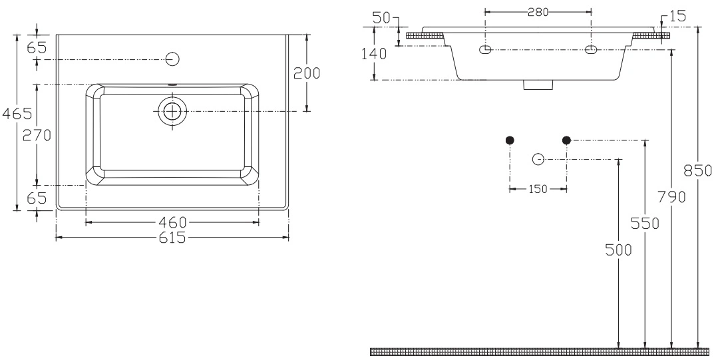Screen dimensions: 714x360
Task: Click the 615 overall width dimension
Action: coord(172,238)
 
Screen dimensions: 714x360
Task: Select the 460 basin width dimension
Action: coord(172,222)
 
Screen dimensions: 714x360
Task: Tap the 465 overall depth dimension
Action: coord(17,113)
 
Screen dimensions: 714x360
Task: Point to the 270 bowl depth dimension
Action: coord(37,135)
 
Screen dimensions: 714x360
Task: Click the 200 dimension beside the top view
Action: coord(307,73)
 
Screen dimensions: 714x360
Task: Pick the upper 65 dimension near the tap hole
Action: coord(37,47)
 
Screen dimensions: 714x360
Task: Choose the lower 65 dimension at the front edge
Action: coord(37,198)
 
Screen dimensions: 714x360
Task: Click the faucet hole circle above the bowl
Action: coord(172,59)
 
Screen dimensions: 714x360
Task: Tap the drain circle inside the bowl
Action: coord(172,111)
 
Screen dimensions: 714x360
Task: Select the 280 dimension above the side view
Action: coord(538,12)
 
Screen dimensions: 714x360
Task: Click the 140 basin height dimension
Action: coord(374,54)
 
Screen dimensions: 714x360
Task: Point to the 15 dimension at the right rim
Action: coord(677,17)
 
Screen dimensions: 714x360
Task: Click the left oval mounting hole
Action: coord(486,49)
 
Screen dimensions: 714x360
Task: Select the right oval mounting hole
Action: coord(591,49)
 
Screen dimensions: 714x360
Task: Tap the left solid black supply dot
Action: coord(510,140)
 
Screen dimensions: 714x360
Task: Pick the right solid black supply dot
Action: coord(566,140)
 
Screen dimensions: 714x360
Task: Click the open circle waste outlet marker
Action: coord(538,159)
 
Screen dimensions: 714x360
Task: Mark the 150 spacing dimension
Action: coord(538,189)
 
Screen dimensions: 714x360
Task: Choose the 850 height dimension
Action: coord(698,170)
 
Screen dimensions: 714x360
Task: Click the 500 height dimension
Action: coord(618,250)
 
